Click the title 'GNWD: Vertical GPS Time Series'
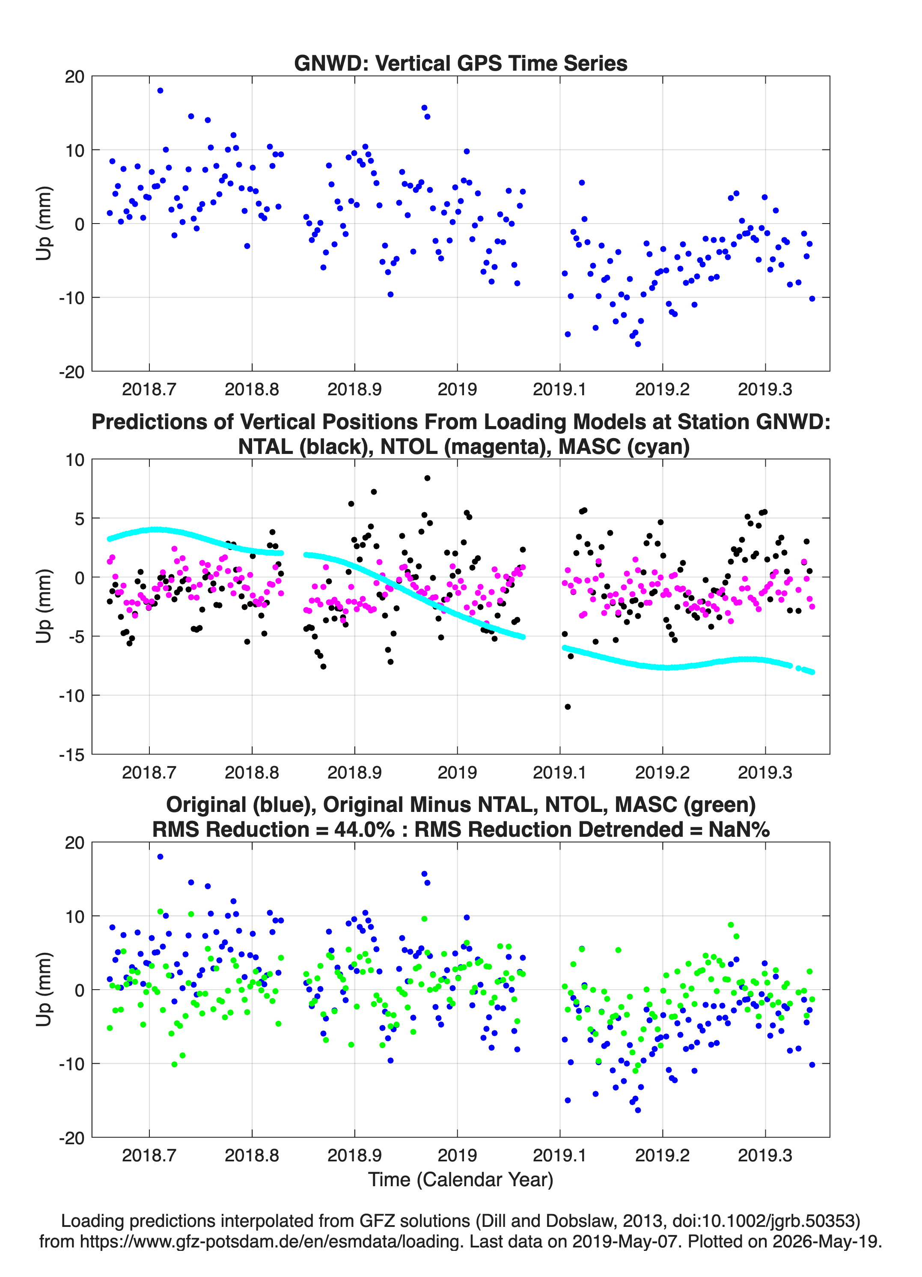[461, 63]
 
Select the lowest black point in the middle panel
[568, 707]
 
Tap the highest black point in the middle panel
[427, 478]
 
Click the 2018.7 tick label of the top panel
[149, 389]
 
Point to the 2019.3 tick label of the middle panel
[765, 772]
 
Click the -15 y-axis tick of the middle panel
[71, 755]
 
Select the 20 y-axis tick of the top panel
[74, 77]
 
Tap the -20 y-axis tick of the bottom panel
[71, 1138]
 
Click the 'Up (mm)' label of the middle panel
[44, 606]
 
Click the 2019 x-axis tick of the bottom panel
[457, 1155]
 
